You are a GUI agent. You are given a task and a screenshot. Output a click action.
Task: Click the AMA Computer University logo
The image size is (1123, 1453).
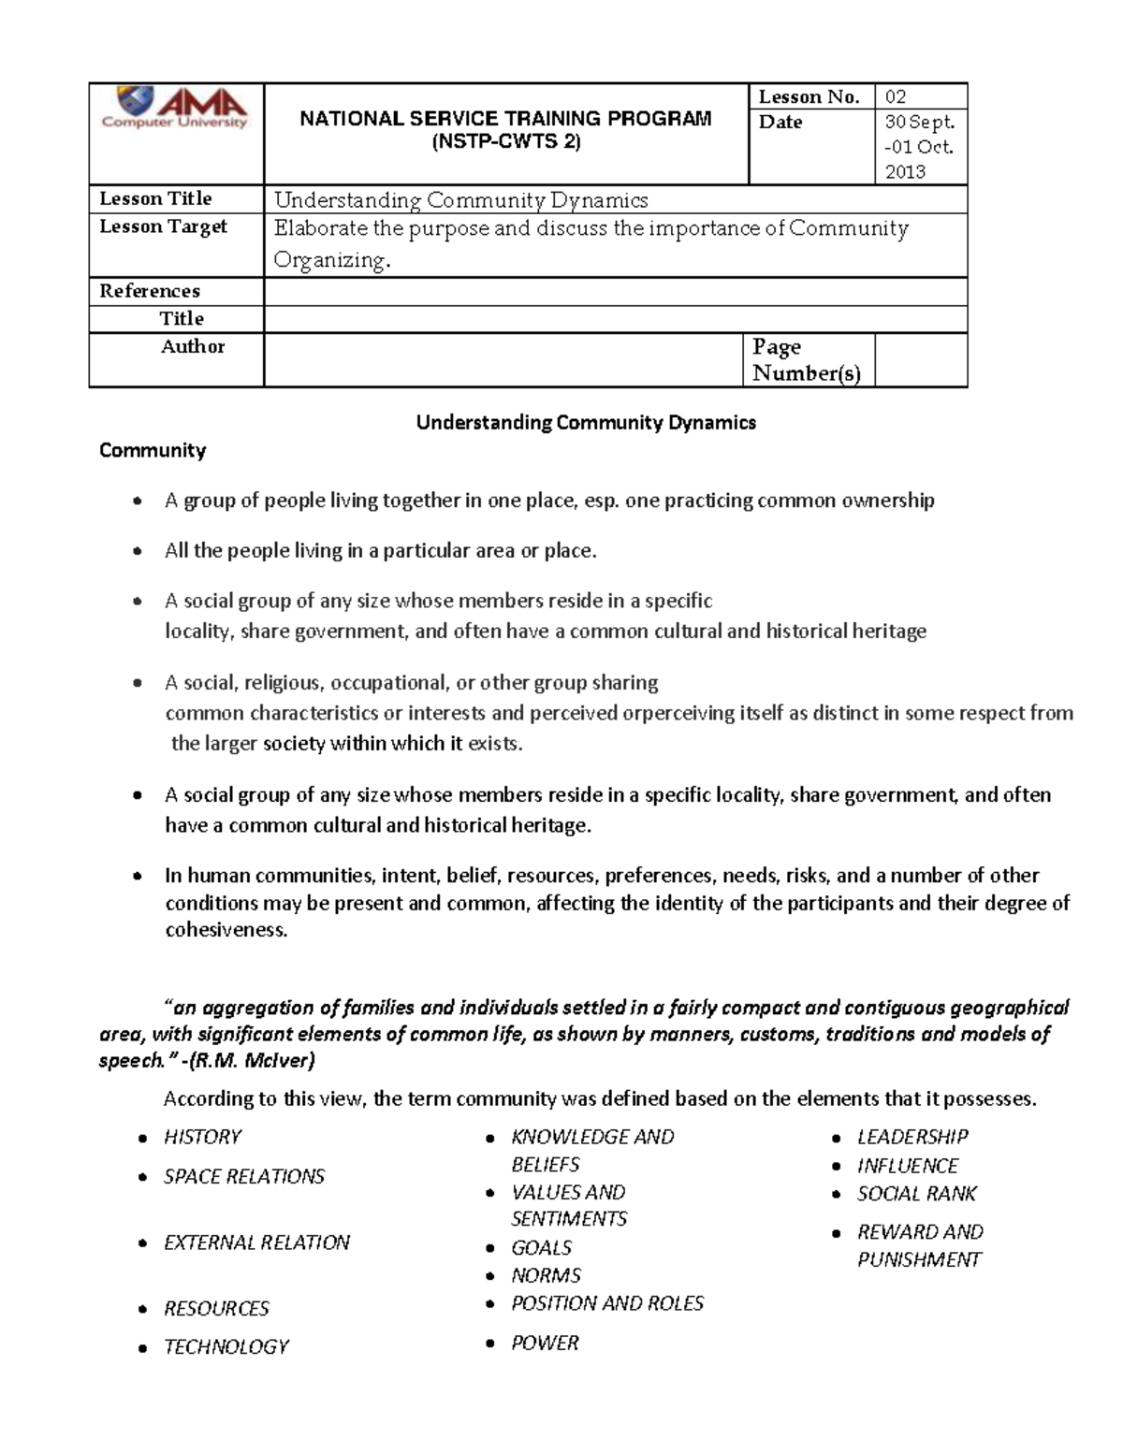[x=175, y=109]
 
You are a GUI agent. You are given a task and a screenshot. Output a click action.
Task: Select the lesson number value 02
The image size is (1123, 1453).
[x=896, y=96]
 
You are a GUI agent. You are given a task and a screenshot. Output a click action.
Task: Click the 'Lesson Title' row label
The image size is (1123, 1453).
[x=155, y=198]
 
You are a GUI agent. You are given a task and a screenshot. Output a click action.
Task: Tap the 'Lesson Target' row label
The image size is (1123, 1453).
[x=163, y=226]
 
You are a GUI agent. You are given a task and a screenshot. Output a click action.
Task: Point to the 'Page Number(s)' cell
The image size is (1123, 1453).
[x=806, y=360]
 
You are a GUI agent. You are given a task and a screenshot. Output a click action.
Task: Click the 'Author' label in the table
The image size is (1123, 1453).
[x=192, y=346]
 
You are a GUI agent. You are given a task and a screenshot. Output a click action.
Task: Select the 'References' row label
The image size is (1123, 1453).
[x=150, y=291]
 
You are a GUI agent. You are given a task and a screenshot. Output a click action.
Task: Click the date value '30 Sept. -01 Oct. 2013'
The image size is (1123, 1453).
[x=919, y=147]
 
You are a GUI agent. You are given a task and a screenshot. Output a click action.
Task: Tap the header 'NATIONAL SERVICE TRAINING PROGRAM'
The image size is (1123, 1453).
[x=505, y=119]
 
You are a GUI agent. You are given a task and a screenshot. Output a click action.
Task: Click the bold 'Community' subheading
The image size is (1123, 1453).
[x=153, y=450]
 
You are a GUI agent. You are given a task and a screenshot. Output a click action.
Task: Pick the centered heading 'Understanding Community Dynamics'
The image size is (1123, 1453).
[x=586, y=422]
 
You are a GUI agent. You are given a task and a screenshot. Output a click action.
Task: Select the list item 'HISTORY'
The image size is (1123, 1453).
[x=202, y=1137]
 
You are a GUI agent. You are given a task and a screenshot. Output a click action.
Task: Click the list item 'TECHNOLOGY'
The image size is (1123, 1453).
[x=226, y=1346]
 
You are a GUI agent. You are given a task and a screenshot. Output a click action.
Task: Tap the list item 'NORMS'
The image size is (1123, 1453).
[x=546, y=1275]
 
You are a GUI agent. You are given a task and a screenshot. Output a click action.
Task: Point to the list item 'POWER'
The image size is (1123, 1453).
[x=545, y=1343]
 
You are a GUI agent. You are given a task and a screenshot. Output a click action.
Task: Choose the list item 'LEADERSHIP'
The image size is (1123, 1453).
[x=912, y=1137]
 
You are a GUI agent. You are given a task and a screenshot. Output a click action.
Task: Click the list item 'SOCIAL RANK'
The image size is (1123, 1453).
[x=916, y=1194]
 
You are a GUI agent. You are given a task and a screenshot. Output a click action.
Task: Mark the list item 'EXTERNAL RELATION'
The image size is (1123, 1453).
[x=256, y=1242]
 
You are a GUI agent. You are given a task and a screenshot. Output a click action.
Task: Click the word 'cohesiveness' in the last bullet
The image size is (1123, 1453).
[x=225, y=930]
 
